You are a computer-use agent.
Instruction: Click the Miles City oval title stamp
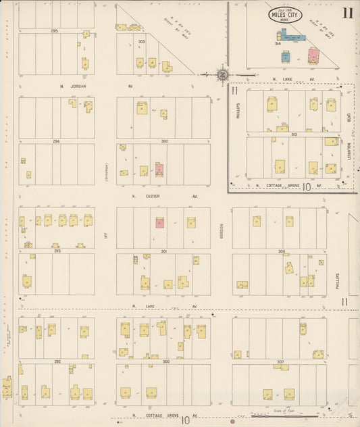point(284,15)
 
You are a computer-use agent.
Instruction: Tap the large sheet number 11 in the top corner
point(347,13)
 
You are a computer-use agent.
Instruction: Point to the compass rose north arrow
point(223,74)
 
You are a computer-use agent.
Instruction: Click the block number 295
point(54,31)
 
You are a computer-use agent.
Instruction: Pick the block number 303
point(141,41)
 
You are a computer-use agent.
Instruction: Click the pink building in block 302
point(159,168)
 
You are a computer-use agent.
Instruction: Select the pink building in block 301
point(160,222)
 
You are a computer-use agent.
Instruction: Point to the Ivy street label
point(106,236)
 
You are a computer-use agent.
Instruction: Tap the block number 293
point(57,251)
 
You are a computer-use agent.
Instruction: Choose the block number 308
point(282,251)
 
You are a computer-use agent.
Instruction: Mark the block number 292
point(57,361)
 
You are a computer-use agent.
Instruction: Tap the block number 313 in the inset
point(294,134)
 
